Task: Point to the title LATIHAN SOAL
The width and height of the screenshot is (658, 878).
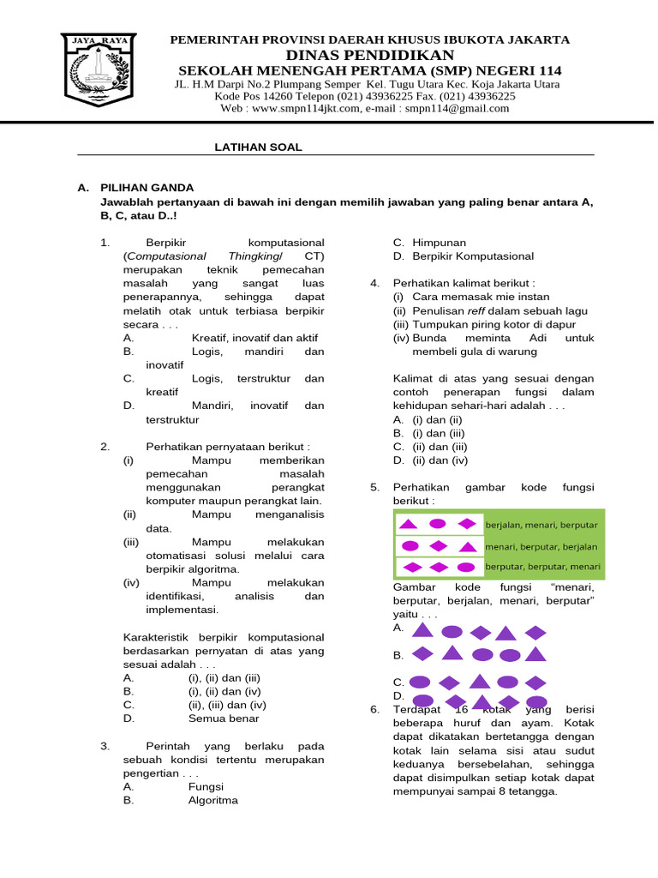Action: [x=258, y=147]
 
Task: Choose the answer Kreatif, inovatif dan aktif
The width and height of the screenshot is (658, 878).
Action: [x=254, y=339]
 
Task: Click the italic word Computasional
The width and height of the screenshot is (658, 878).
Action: [x=166, y=256]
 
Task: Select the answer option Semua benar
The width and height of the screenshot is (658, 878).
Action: [x=224, y=719]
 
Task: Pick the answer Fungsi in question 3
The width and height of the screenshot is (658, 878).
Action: [x=206, y=786]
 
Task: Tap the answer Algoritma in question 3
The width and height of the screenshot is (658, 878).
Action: [x=213, y=800]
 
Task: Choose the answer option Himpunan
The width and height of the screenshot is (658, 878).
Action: [x=440, y=243]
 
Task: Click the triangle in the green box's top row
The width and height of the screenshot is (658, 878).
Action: [x=410, y=524]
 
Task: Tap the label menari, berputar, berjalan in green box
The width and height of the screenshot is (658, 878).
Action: [x=541, y=546]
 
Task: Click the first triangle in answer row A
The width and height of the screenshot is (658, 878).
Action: [x=421, y=631]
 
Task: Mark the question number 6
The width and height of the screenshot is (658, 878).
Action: [x=374, y=709]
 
